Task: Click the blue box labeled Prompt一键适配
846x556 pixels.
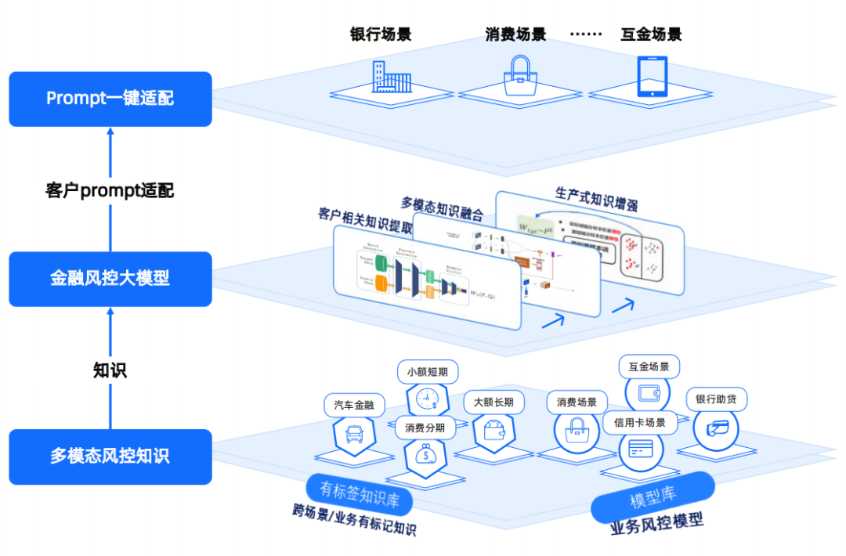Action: coord(110,99)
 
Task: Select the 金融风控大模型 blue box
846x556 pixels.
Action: coord(110,279)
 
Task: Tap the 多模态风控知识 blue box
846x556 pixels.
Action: coord(110,457)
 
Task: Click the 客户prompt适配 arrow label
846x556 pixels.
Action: coord(110,190)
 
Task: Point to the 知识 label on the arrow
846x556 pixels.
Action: coord(110,370)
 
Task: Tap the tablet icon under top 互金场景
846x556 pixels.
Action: coord(652,77)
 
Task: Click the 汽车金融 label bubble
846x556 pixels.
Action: coord(354,405)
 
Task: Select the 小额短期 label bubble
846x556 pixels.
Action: coord(428,371)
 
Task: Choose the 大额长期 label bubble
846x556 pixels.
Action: coord(493,402)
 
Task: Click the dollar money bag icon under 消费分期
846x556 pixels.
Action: coord(425,455)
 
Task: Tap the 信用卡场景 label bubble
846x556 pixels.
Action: coord(639,423)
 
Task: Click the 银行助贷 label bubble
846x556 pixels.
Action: coord(716,399)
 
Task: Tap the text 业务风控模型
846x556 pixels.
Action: coord(656,525)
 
